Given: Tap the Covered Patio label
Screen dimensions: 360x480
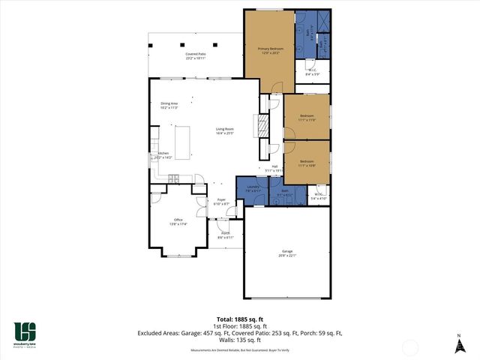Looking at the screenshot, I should pyautogui.click(x=196, y=56).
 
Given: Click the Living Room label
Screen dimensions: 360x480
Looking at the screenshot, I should pyautogui.click(x=225, y=131).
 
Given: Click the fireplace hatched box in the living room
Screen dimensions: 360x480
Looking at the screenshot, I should pyautogui.click(x=263, y=125).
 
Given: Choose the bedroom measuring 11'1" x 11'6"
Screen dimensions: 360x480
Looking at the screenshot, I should pyautogui.click(x=307, y=118).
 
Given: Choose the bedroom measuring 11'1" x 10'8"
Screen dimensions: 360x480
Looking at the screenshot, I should pyautogui.click(x=307, y=163).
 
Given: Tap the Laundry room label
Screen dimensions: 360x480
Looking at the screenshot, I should pyautogui.click(x=253, y=188).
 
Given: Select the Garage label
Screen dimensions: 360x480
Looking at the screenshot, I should pyautogui.click(x=288, y=253).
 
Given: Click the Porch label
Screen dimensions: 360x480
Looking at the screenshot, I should pyautogui.click(x=225, y=235).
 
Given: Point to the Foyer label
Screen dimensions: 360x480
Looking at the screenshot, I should pyautogui.click(x=220, y=202).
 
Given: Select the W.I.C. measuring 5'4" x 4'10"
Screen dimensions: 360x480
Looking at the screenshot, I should pyautogui.click(x=319, y=196).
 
